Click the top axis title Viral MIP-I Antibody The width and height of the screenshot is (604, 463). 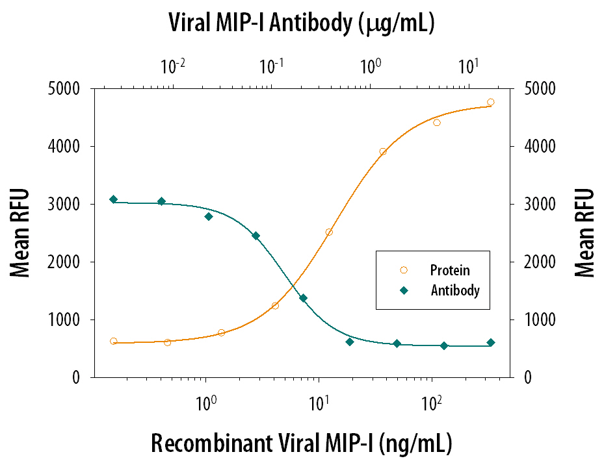tap(301, 23)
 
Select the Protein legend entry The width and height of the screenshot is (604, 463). tap(450, 270)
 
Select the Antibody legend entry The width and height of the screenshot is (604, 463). tap(455, 290)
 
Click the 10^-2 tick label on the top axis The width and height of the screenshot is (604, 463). tap(173, 66)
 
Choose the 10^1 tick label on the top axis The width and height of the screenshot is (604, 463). tap(469, 66)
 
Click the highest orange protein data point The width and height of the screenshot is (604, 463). tap(490, 102)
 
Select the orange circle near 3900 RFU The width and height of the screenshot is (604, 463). tap(383, 151)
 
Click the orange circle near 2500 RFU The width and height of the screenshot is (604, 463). tap(329, 232)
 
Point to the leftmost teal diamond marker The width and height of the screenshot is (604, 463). tap(114, 199)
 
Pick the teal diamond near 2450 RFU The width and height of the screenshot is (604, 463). tap(256, 236)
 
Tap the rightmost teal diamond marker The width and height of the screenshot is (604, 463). tap(490, 342)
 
